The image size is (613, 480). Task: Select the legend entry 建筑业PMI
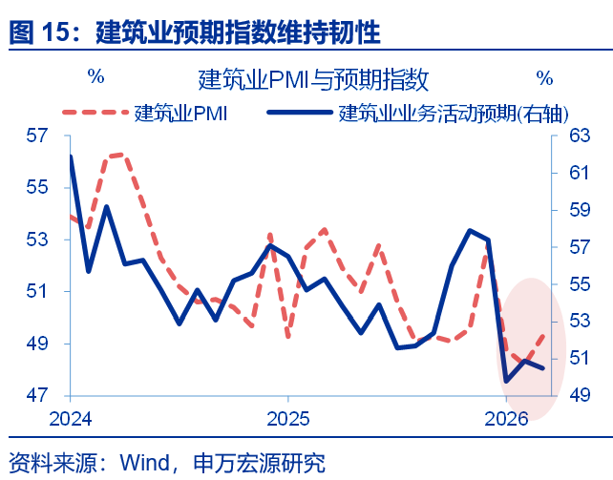tap(180, 114)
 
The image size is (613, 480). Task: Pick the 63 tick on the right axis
tap(581, 136)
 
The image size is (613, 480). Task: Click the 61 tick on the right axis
tap(581, 173)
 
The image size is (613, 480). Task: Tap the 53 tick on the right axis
tap(581, 321)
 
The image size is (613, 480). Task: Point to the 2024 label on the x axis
tap(71, 419)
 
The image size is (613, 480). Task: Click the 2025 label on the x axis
tap(288, 419)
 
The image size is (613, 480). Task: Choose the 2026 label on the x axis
tap(507, 419)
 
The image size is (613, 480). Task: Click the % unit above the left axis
tap(95, 77)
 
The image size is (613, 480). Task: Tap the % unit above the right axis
tap(544, 77)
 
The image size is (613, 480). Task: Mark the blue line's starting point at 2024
tap(72, 157)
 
